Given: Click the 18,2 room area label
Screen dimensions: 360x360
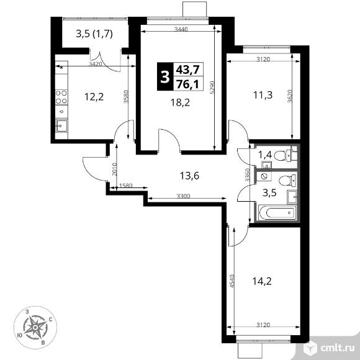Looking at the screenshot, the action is (x=180, y=102).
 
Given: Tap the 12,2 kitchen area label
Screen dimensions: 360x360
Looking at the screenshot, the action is (x=94, y=97).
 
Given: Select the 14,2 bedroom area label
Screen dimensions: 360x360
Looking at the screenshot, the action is (x=262, y=281).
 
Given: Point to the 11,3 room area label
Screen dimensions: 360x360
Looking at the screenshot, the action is (x=263, y=94).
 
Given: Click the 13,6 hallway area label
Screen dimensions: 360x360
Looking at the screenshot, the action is (x=189, y=176).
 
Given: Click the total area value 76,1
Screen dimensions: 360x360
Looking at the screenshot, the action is (x=187, y=84).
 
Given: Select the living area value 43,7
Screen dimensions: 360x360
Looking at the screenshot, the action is (x=187, y=70).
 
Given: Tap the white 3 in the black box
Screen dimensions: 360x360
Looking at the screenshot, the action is (x=165, y=77).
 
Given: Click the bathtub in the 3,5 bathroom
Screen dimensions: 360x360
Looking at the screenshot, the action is (x=277, y=213).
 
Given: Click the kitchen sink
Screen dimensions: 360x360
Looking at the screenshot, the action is (x=62, y=126).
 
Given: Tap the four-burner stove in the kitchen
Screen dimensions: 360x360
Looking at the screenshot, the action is (x=61, y=97).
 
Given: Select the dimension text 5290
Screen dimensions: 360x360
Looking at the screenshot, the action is (x=212, y=88).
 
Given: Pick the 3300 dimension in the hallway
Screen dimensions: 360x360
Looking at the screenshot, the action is (x=183, y=196).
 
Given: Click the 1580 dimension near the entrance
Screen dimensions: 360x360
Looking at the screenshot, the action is (x=125, y=186).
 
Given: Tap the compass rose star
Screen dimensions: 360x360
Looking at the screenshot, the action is (x=35, y=327).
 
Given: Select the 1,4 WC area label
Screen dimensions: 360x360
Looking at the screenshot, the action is (x=265, y=155).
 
